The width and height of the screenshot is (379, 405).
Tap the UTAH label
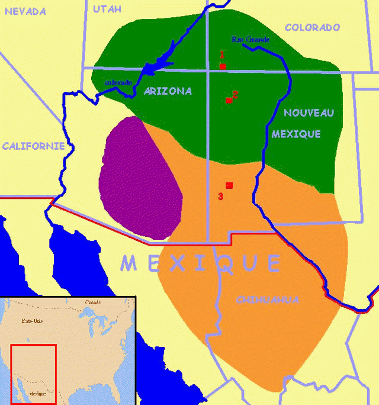click(107, 9)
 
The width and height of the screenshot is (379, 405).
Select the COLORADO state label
click(312, 27)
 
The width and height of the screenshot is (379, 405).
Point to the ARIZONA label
click(168, 91)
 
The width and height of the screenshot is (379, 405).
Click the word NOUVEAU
click(309, 112)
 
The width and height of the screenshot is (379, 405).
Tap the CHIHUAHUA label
click(268, 300)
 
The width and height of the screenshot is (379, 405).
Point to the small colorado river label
click(118, 82)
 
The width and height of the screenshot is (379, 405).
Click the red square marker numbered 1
click(223, 66)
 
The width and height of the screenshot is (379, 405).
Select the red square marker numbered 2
click(229, 101)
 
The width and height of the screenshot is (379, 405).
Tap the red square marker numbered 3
click(229, 185)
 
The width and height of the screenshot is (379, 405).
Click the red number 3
click(220, 197)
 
